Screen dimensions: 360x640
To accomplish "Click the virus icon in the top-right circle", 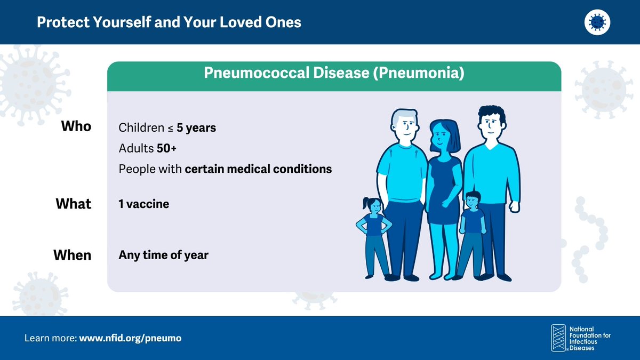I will pyautogui.click(x=597, y=22).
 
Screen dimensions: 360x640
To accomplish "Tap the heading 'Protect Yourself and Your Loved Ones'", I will pyautogui.click(x=169, y=22).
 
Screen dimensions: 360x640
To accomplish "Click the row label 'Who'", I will pyautogui.click(x=76, y=127).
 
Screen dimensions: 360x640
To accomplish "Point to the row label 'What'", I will pyautogui.click(x=74, y=204).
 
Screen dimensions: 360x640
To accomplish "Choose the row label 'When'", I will pyautogui.click(x=73, y=255).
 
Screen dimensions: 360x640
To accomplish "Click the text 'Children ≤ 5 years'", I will pyautogui.click(x=167, y=128).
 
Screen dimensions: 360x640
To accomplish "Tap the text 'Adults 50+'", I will pyautogui.click(x=147, y=149).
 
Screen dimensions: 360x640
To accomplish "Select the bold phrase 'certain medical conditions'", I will pyautogui.click(x=258, y=169).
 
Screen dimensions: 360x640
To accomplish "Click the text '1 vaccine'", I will pyautogui.click(x=143, y=204).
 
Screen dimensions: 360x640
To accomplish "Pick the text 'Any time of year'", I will pyautogui.click(x=163, y=255).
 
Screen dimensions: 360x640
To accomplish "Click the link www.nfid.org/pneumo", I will pyautogui.click(x=130, y=338).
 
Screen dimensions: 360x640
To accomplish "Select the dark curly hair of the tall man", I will pyautogui.click(x=491, y=114).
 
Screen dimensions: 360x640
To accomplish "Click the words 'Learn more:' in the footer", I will pyautogui.click(x=51, y=338).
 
